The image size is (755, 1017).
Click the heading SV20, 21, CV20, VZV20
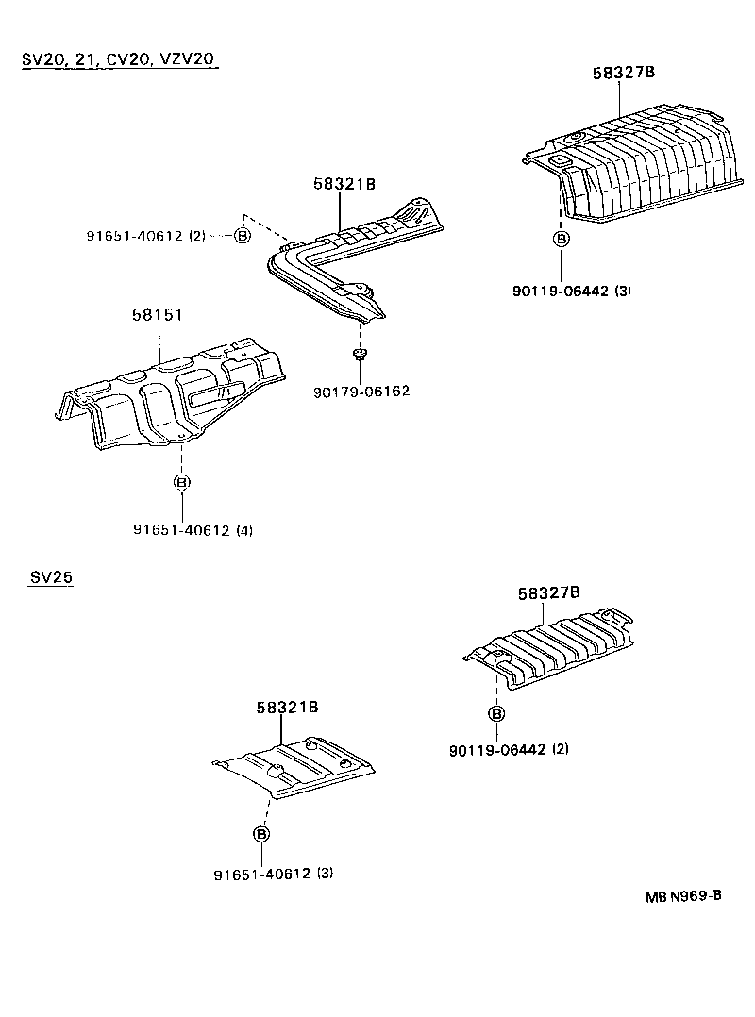[119, 59]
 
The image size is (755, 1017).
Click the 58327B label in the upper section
[624, 73]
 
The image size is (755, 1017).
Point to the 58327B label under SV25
[548, 593]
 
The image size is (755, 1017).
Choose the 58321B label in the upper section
[344, 185]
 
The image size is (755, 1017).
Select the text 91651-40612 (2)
[144, 235]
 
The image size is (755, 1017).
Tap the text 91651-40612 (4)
[192, 530]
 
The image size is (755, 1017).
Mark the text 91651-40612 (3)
[273, 874]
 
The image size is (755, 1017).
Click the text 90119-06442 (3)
[572, 291]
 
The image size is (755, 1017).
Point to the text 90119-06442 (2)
[509, 749]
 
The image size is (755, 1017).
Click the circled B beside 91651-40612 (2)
[242, 235]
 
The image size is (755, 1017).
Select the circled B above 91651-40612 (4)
[182, 482]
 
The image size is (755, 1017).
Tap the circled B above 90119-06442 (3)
[561, 239]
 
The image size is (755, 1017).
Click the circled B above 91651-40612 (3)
[261, 834]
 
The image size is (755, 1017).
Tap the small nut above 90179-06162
[360, 355]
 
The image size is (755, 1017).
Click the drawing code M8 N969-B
[683, 896]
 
